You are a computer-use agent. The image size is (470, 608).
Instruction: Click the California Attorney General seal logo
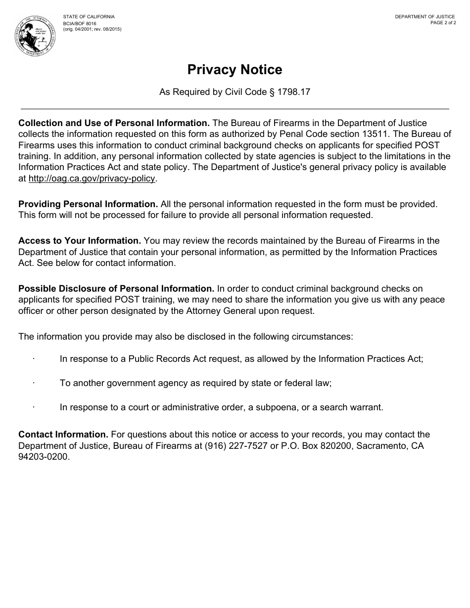coord(35,36)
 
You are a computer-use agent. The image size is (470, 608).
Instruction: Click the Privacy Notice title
coord(235,70)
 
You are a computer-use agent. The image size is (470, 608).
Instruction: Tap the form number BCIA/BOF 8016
coord(80,23)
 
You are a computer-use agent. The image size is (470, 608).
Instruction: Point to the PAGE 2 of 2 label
coord(443,23)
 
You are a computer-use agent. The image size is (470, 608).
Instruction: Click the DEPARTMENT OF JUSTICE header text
coord(424,17)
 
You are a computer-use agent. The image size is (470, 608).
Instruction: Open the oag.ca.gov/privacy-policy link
coord(92,178)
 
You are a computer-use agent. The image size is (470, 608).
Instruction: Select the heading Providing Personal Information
coord(88,204)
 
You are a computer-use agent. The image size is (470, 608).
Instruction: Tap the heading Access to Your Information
coord(80,241)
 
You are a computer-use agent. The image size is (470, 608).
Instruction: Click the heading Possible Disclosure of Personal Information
coord(116,289)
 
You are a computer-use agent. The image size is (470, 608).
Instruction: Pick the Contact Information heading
coord(63,434)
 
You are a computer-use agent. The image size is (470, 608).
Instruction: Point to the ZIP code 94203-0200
coord(44,457)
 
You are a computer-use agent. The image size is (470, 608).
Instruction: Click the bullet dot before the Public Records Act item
coord(34,358)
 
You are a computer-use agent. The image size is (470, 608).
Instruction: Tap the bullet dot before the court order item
coord(34,407)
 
